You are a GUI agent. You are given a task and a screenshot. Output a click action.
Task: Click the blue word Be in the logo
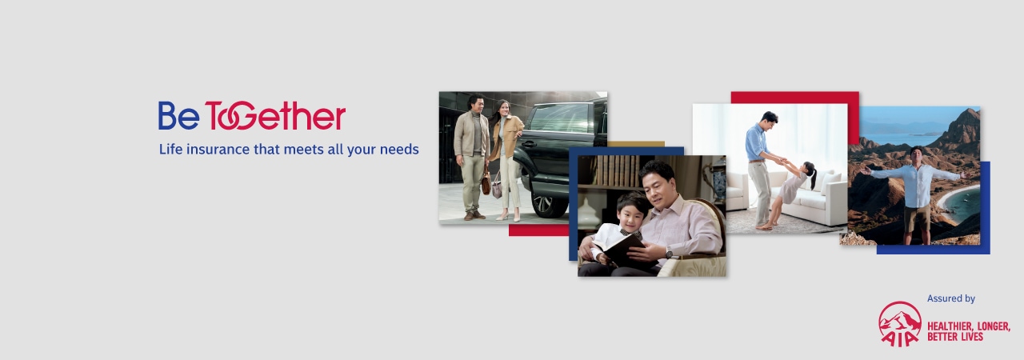click(178, 115)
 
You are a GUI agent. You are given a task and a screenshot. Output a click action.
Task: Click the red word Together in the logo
click(275, 115)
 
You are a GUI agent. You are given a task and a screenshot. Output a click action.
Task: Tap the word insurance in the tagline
click(218, 150)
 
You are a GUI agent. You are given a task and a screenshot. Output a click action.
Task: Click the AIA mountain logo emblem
click(900, 323)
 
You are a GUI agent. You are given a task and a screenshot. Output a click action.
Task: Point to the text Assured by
click(951, 298)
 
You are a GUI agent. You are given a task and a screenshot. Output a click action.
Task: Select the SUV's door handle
click(529, 144)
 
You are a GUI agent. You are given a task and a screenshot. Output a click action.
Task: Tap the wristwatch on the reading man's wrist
click(669, 253)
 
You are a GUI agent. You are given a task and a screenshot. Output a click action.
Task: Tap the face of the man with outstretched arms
click(916, 156)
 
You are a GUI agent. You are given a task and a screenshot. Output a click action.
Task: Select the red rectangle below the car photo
click(538, 230)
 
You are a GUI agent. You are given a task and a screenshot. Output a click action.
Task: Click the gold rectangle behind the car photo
click(636, 144)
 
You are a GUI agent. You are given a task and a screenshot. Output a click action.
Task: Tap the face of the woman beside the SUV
click(503, 109)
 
